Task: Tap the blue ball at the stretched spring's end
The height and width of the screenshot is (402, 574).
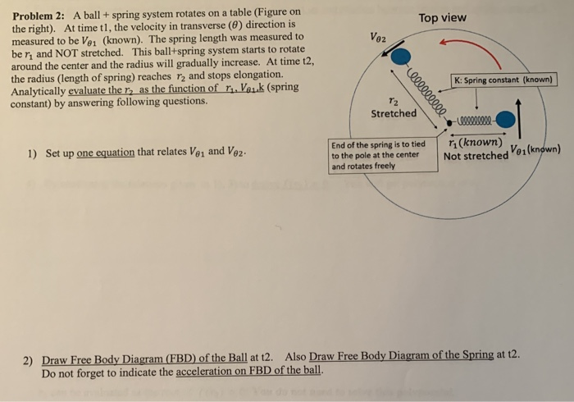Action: pos(400,56)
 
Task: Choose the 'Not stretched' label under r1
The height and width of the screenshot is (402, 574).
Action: pos(476,156)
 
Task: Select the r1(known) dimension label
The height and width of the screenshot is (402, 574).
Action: pos(474,142)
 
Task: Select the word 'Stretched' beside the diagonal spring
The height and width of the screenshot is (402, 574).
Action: pos(394,113)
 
